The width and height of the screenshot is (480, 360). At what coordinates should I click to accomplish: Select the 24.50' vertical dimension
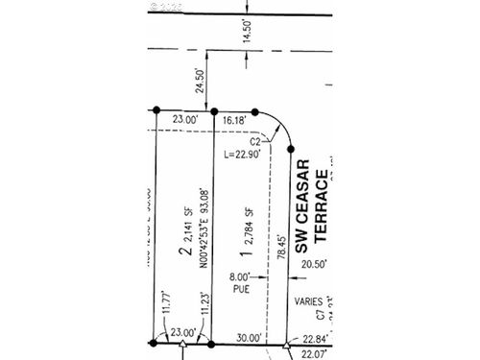[200, 86]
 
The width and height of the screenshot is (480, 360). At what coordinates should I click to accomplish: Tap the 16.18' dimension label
[233, 122]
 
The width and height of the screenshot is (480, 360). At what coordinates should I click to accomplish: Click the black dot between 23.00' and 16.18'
[214, 110]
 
